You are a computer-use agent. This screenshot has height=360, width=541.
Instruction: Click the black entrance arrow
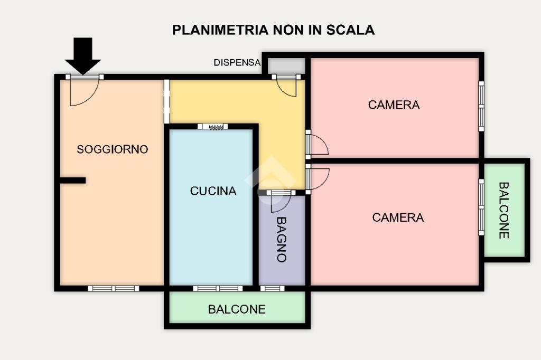[83, 55]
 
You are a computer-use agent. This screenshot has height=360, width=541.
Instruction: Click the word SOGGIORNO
[112, 149]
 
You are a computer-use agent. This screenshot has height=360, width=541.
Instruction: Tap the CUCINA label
[213, 191]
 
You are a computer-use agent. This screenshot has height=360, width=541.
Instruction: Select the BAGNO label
[282, 239]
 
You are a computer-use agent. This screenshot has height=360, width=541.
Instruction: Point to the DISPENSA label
[237, 63]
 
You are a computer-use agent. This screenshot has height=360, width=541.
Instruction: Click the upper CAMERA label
[394, 105]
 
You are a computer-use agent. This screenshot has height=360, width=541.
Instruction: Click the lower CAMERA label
[398, 217]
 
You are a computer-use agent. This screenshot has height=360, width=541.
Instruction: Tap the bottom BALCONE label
[237, 309]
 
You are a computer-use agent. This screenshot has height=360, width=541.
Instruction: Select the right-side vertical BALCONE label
[503, 210]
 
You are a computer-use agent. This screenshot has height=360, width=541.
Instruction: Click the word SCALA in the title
[350, 30]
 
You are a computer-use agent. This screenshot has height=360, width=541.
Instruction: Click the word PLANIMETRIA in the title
[220, 30]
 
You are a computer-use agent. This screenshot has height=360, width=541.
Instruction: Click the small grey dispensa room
[286, 66]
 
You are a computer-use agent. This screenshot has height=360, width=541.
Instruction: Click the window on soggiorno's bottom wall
[114, 289]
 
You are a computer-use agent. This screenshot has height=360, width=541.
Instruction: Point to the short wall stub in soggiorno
[73, 181]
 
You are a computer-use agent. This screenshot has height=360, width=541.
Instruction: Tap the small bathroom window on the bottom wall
[272, 289]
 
